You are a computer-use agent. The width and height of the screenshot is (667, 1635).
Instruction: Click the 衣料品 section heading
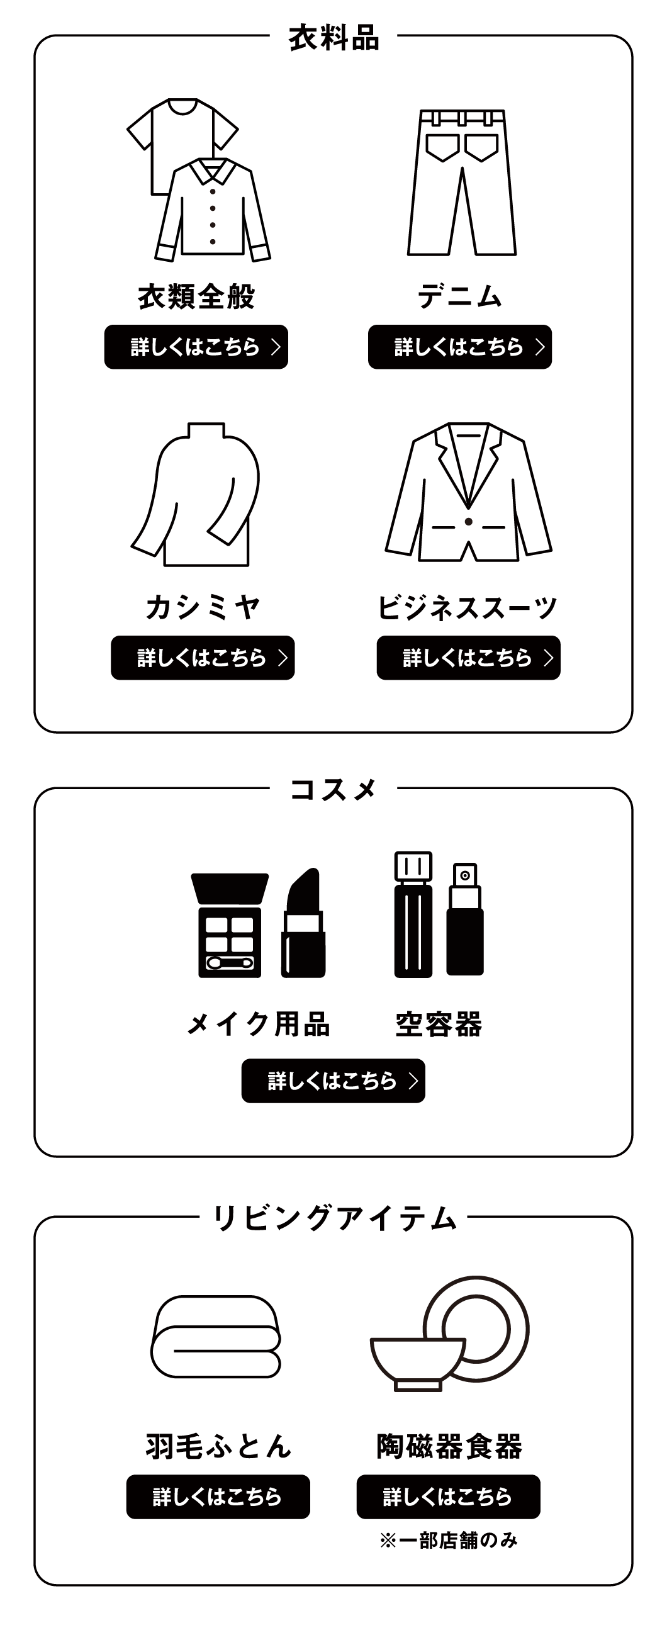pyautogui.click(x=334, y=38)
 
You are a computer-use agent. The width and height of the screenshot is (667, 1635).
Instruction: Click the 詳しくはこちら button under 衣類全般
pyautogui.click(x=196, y=347)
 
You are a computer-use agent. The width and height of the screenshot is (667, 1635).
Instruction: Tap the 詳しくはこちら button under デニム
pyautogui.click(x=460, y=347)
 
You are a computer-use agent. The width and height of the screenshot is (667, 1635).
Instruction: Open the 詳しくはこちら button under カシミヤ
pyautogui.click(x=203, y=658)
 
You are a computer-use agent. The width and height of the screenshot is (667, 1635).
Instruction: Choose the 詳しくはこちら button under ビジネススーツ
pyautogui.click(x=468, y=658)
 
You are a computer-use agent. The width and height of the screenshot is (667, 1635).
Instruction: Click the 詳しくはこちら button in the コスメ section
pyautogui.click(x=333, y=1081)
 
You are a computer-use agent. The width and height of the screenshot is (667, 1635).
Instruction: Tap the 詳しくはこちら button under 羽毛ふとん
pyautogui.click(x=218, y=1497)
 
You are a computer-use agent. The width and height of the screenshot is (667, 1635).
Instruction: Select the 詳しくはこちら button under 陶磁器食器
pyautogui.click(x=448, y=1497)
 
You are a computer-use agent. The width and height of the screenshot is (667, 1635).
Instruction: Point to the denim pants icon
pyautogui.click(x=461, y=183)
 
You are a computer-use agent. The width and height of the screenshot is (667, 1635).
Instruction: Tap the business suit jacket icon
pyautogui.click(x=468, y=492)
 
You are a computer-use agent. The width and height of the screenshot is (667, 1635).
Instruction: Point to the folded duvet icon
pyautogui.click(x=216, y=1336)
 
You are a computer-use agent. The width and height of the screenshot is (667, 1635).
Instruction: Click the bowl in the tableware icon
pyautogui.click(x=418, y=1361)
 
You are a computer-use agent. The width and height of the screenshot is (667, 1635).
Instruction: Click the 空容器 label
pyautogui.click(x=439, y=1024)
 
